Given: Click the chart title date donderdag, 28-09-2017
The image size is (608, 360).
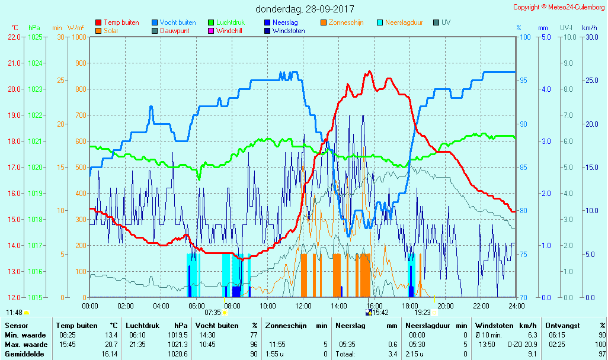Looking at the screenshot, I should (305, 9).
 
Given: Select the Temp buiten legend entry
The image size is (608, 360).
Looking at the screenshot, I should (121, 22).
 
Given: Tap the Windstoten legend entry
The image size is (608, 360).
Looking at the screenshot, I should (289, 31).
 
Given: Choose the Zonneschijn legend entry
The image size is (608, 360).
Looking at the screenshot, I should (346, 22).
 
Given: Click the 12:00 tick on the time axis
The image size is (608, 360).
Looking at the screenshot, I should (303, 306).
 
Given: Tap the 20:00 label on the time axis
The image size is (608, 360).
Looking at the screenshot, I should (446, 306).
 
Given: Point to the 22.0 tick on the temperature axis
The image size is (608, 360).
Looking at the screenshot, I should (14, 37).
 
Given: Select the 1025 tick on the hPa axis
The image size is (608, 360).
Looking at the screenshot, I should (35, 37).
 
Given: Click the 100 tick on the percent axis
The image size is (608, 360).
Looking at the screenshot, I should (525, 37).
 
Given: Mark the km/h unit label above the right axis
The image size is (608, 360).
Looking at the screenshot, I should (590, 28).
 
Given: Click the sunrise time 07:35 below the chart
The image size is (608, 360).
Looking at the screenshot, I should (213, 312).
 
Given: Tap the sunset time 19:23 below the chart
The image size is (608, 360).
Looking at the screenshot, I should (422, 312).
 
